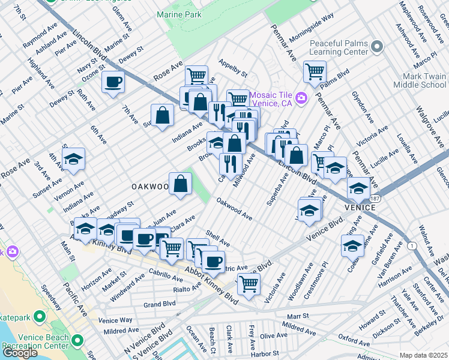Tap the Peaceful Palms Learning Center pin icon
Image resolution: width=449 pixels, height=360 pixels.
(376, 46)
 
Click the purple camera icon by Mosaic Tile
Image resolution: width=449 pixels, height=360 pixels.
(301, 98)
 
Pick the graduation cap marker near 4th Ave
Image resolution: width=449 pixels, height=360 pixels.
(73, 159)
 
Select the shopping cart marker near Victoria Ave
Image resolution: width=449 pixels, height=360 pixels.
(248, 284)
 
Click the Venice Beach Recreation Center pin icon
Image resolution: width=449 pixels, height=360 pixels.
(77, 341)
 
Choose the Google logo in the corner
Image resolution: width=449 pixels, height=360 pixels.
(20, 353)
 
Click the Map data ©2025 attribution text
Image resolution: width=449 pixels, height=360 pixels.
(423, 355)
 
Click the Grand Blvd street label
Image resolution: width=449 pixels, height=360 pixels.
(159, 305)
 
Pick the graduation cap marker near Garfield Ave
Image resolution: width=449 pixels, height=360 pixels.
(352, 245)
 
